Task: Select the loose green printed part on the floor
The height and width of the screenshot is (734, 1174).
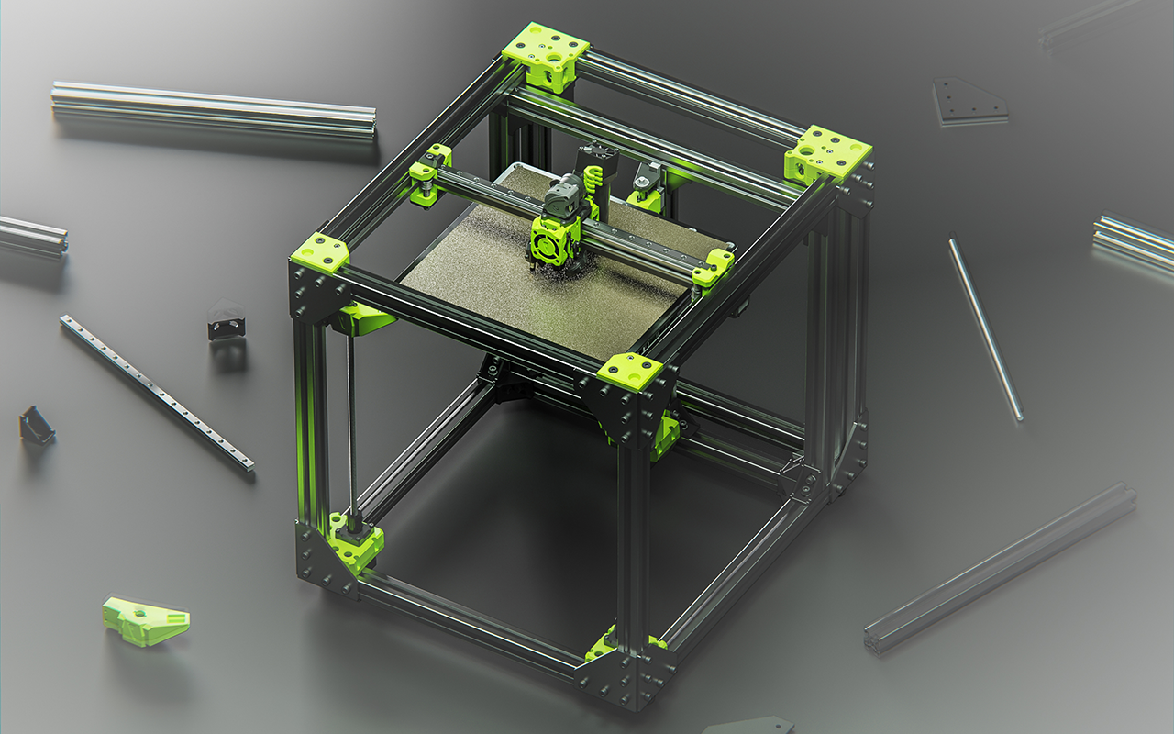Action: [x=145, y=621]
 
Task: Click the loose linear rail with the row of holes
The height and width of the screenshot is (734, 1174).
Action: [x=157, y=393]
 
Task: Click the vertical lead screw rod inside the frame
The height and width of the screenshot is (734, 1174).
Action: [x=350, y=422]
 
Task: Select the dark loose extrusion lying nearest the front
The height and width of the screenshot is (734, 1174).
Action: [x=1000, y=569]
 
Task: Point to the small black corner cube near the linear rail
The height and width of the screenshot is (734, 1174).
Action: [x=226, y=321]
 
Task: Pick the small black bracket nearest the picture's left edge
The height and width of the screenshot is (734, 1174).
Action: [x=36, y=426]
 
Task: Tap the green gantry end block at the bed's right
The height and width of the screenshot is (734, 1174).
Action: [x=714, y=267]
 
